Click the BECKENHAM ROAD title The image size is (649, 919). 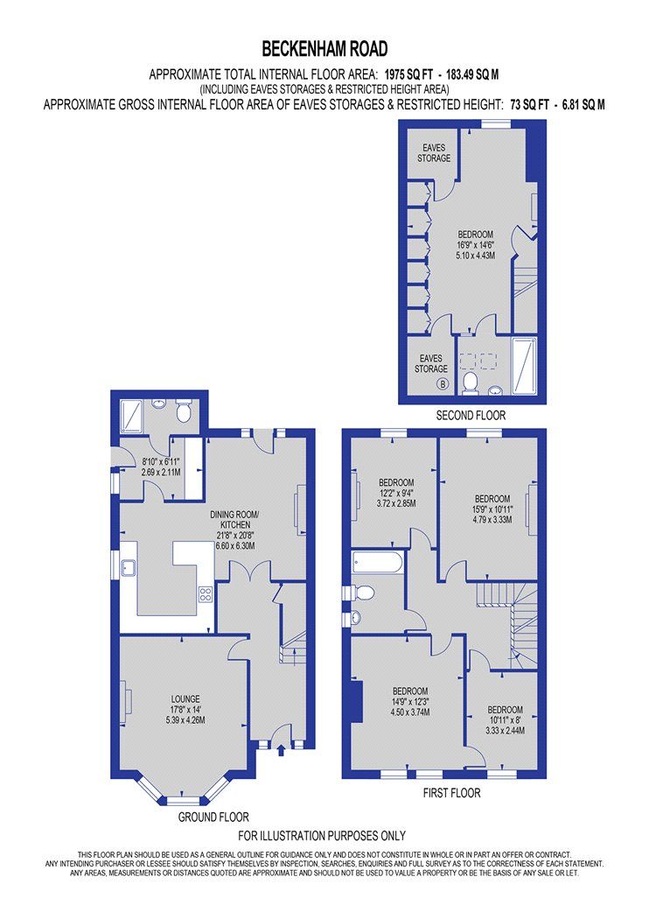coord(324,48)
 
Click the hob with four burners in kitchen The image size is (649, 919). coord(206,594)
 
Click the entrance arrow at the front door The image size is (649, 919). coord(281,748)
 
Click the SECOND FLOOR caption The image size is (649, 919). coord(471,415)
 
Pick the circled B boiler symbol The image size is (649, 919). coord(443,384)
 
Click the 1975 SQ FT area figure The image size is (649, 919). coord(413,74)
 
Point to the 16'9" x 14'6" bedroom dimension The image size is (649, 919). coord(477,245)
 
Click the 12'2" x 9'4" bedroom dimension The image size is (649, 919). coord(396,493)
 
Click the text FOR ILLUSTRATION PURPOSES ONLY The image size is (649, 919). coord(322,836)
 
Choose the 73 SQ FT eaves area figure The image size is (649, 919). coord(530,104)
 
